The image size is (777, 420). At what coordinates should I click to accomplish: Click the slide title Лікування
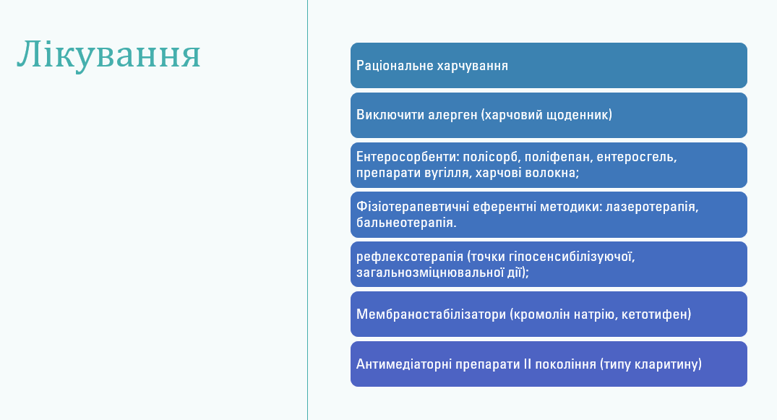pyautogui.click(x=108, y=54)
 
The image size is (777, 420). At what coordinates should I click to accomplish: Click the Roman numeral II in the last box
pyautogui.click(x=527, y=364)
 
